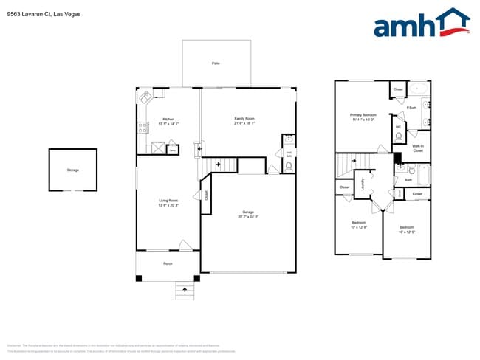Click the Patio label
tap(216, 63)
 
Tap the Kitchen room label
tap(168, 119)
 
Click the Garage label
tap(248, 212)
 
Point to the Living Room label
tap(168, 201)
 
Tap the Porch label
tap(168, 263)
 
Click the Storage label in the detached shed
tap(72, 170)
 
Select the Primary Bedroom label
tap(363, 115)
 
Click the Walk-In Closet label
tap(417, 148)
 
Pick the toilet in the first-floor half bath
tap(288, 167)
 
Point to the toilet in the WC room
tap(398, 136)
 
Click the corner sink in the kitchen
tap(145, 97)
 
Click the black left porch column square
tap(139, 277)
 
